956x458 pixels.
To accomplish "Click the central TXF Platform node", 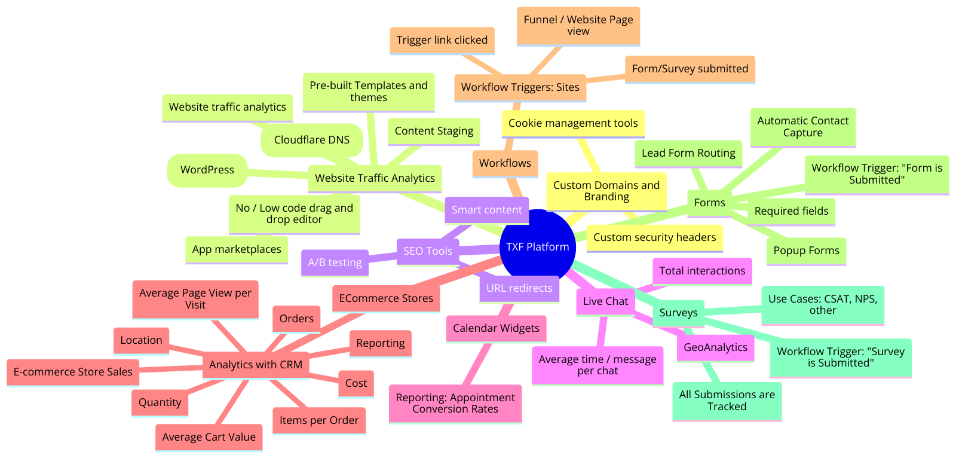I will point(537,247).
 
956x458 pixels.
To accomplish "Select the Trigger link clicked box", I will point(442,40).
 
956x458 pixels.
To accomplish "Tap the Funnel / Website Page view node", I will point(578,26).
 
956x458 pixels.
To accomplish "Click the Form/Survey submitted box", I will point(690,69).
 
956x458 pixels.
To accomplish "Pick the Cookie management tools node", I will point(573,123).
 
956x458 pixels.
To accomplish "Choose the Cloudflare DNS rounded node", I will point(311,140).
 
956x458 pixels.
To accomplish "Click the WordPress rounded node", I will point(207,170).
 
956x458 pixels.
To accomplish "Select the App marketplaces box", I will point(237,249).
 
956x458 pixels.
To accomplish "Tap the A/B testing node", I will point(335,262).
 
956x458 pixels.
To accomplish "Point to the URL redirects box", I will point(519,288).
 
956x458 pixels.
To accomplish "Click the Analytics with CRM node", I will point(256,365).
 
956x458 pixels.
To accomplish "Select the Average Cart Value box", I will point(209,437).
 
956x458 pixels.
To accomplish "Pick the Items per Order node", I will point(319,420).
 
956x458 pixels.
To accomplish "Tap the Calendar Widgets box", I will point(496,328).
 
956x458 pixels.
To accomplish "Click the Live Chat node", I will point(605,301).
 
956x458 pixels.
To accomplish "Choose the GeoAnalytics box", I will point(715,347).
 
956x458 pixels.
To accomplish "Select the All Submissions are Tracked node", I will point(727,401).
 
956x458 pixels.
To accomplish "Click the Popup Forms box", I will point(806,251).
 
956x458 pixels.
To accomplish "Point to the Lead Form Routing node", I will point(688,153).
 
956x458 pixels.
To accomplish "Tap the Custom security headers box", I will point(654,237).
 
